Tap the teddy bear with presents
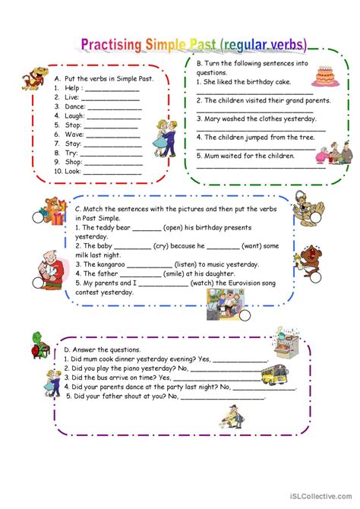point(54,213)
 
